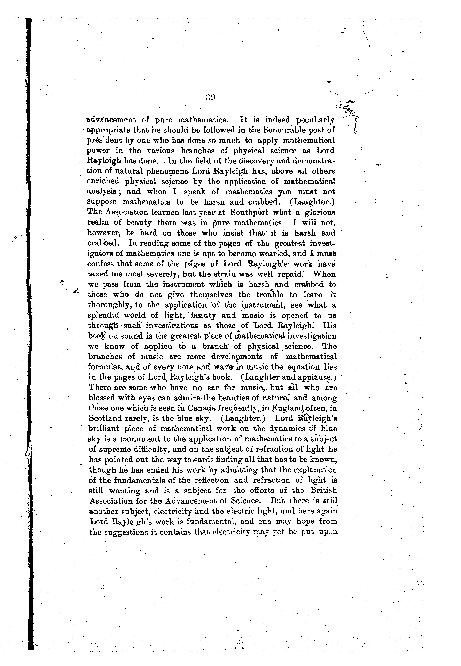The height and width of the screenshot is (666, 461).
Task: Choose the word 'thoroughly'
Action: pyautogui.click(x=111, y=305)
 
